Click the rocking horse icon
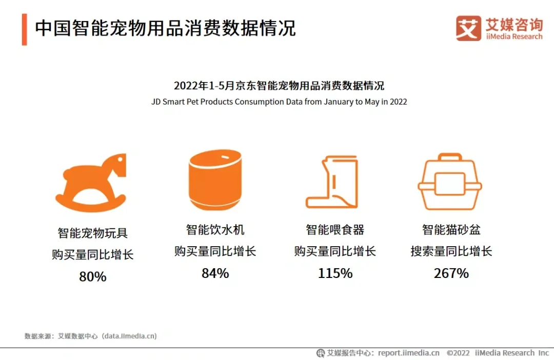(x=91, y=182)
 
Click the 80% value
(x=93, y=277)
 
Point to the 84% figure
(x=215, y=273)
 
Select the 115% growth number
(x=335, y=273)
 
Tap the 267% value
(x=451, y=273)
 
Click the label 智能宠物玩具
(x=93, y=233)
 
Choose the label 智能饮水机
(x=215, y=229)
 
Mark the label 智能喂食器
(x=335, y=229)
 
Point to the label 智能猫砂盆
(x=451, y=229)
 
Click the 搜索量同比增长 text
(x=451, y=251)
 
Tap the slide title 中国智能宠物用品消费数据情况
(x=165, y=28)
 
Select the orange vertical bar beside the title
(x=24, y=29)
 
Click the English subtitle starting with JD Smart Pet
(x=279, y=102)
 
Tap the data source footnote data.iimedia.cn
(x=129, y=336)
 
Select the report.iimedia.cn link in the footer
(x=409, y=353)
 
